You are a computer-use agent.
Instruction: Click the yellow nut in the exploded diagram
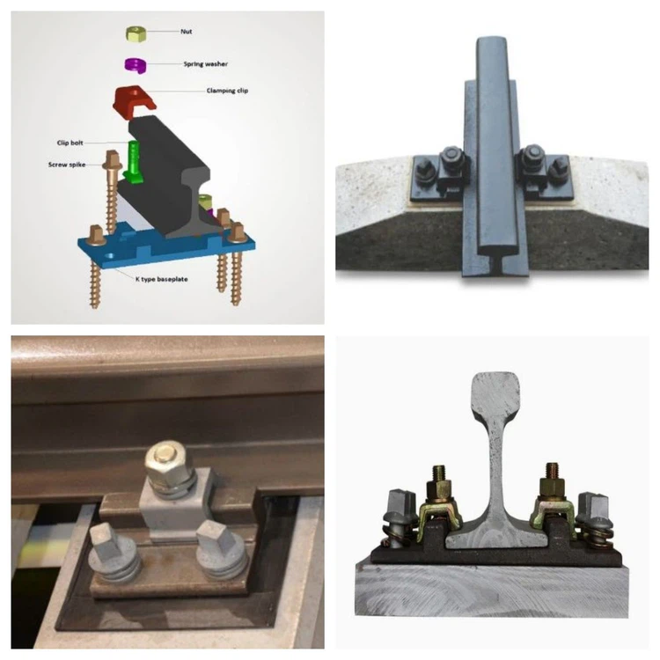click(136, 33)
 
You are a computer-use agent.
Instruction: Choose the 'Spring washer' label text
click(204, 64)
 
